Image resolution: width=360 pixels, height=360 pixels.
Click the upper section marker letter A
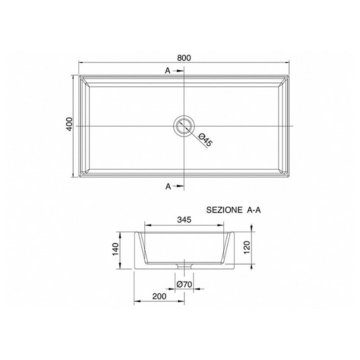(168, 71)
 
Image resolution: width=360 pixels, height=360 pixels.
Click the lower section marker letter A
(168, 186)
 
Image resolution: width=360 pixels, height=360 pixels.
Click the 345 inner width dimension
(184, 218)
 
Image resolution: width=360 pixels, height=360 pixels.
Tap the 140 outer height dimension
(115, 248)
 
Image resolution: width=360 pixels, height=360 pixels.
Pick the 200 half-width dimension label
(159, 296)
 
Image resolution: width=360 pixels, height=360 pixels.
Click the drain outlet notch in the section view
(184, 265)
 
